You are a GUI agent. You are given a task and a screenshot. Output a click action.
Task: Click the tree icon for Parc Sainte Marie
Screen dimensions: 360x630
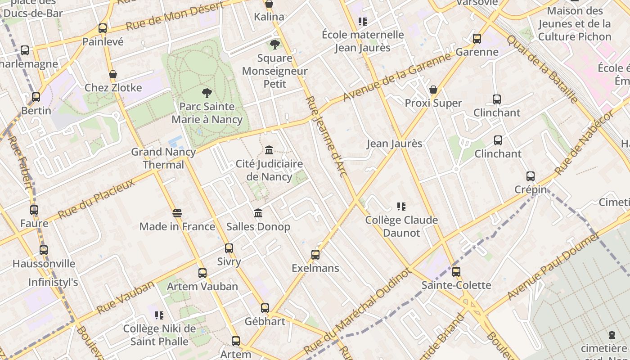pos(207,93)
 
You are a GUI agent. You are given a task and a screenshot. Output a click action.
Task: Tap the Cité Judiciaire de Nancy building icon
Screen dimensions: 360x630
pos(269,150)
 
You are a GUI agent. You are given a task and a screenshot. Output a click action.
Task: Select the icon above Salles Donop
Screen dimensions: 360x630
pos(258,213)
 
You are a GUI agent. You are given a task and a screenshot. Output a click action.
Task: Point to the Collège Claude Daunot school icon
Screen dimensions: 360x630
pos(401,207)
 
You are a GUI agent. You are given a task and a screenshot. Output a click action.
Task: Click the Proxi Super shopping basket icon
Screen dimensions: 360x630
pos(433,90)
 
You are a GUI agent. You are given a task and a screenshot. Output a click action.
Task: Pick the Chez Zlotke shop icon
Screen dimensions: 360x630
pos(113,74)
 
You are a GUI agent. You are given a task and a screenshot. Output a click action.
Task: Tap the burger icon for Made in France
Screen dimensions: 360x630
pos(177,213)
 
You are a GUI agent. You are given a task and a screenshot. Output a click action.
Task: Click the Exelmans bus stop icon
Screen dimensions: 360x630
pos(315,255)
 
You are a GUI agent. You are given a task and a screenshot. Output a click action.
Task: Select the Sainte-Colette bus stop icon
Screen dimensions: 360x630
pos(456,271)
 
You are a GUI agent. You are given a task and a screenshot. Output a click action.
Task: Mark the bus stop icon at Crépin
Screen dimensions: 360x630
pos(531,176)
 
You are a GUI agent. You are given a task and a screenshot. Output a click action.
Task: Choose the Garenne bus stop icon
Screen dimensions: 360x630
pos(477,39)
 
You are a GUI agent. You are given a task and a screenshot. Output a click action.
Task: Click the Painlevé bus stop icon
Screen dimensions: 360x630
pos(103,28)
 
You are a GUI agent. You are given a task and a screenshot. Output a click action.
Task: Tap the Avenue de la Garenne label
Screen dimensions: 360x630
pos(397,76)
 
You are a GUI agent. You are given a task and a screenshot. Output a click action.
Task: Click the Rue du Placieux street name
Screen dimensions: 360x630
pos(96,198)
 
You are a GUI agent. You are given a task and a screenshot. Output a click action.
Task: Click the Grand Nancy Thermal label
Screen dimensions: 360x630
pos(163,158)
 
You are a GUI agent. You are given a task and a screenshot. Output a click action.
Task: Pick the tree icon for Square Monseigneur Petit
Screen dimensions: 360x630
pos(274,45)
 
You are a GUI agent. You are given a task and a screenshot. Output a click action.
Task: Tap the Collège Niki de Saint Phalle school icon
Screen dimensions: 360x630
pos(159,315)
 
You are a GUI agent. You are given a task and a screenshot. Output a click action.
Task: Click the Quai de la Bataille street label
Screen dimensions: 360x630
pos(542,68)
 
